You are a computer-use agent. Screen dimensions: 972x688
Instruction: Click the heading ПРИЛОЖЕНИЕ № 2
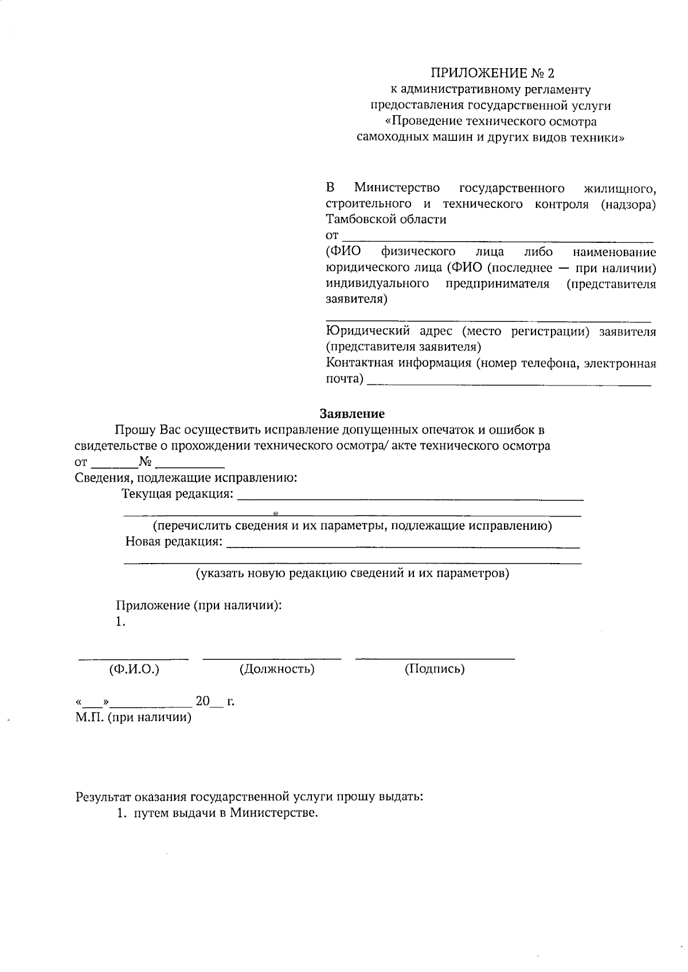(493, 73)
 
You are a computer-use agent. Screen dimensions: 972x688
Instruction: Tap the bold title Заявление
(352, 414)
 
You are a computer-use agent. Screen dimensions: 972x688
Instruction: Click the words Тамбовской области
(386, 219)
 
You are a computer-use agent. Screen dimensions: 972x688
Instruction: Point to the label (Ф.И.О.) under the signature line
(134, 669)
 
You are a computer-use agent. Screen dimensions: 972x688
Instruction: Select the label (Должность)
(277, 669)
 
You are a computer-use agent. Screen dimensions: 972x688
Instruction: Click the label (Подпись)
(435, 669)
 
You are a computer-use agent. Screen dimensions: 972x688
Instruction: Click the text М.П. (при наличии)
(133, 717)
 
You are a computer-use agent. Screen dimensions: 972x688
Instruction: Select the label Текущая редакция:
(178, 494)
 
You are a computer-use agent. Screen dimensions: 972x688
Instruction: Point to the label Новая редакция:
(174, 542)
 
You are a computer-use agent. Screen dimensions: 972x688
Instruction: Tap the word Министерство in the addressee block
(397, 188)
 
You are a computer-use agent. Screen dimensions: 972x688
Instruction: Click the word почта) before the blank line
(345, 379)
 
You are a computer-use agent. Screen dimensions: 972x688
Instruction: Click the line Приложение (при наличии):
(198, 605)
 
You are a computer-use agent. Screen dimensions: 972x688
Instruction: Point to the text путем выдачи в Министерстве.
(225, 813)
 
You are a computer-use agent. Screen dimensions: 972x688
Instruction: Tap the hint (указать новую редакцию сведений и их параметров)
(353, 573)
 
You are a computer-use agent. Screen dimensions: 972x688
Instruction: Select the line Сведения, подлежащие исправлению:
(186, 478)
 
